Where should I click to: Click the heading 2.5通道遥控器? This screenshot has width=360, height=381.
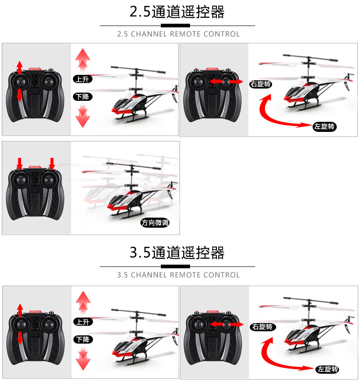click(177, 12)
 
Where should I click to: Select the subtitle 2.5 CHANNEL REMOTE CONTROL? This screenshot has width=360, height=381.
click(178, 34)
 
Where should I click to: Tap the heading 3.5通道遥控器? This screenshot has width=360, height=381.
click(177, 252)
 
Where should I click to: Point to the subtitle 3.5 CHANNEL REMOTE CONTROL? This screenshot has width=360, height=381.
click(178, 275)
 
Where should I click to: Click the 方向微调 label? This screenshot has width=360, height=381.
click(155, 223)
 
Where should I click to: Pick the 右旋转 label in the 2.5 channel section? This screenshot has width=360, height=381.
click(261, 84)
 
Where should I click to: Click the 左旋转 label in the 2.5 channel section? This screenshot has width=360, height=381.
click(324, 126)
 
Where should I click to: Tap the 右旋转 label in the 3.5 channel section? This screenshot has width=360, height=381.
click(262, 327)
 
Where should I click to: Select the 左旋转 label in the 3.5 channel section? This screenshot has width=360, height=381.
click(327, 369)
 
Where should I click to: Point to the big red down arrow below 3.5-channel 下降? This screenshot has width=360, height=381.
click(83, 358)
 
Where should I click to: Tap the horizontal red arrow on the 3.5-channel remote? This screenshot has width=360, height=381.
click(226, 324)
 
